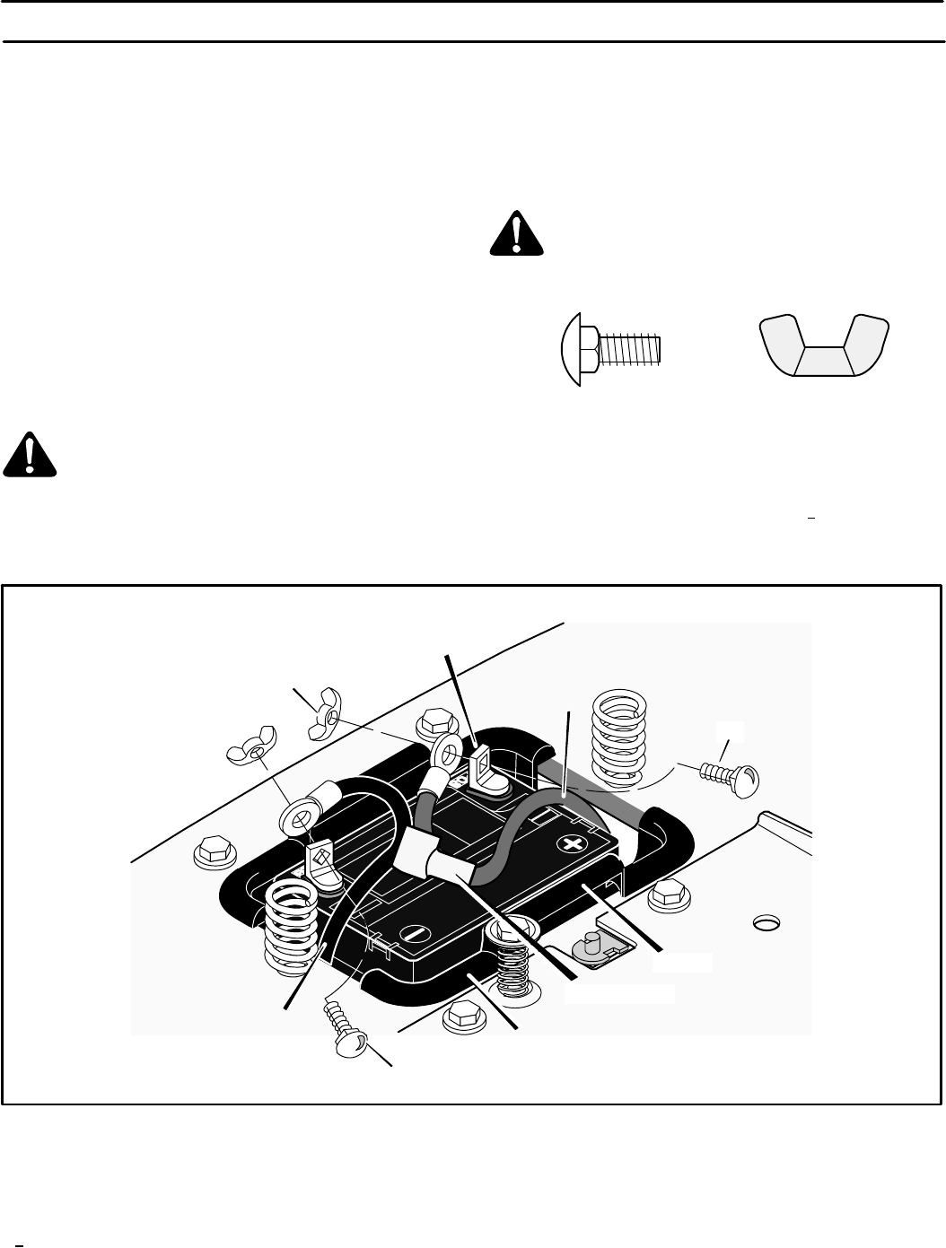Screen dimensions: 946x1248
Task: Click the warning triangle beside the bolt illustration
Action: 517,234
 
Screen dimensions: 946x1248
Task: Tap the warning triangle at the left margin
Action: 30,456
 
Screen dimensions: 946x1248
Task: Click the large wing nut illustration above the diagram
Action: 825,345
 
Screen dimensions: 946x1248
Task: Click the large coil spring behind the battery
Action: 620,730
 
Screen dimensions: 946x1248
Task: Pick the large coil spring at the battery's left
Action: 293,923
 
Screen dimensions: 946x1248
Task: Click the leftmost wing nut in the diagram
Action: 251,755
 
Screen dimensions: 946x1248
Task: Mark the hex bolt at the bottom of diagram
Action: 463,1015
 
